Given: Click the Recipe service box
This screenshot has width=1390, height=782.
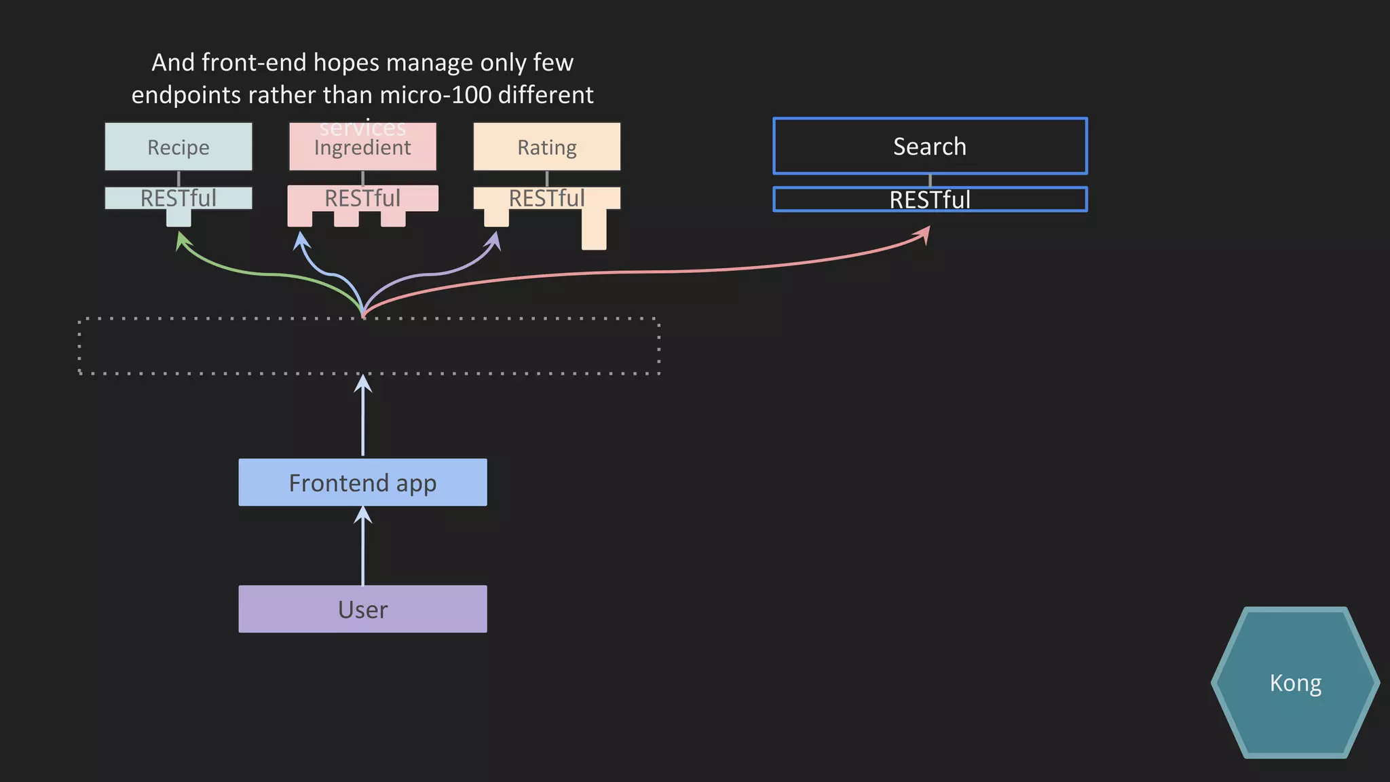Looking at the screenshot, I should tap(179, 147).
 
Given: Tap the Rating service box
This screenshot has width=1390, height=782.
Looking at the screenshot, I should tap(546, 147).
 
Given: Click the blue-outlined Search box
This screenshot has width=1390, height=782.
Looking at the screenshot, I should tap(930, 146).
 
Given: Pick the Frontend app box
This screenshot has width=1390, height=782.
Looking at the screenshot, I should tap(362, 483).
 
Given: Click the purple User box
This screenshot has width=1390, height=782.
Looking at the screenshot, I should tap(362, 609).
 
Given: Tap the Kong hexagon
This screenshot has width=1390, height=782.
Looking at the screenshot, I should tap(1295, 682).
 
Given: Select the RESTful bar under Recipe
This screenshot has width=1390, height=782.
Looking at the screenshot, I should tap(179, 198).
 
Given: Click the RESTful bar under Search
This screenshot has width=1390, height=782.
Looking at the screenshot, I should tap(930, 200).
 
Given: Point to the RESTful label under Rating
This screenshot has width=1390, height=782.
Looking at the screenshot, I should tap(546, 198).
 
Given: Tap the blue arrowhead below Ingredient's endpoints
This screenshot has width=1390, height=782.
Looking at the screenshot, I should tap(301, 240).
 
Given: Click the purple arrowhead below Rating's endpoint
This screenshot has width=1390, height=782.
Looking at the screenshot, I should tap(495, 240).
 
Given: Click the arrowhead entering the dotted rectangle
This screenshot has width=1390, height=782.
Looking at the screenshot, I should tap(363, 384).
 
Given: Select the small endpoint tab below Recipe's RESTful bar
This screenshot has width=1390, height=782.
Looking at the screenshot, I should tap(179, 218).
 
